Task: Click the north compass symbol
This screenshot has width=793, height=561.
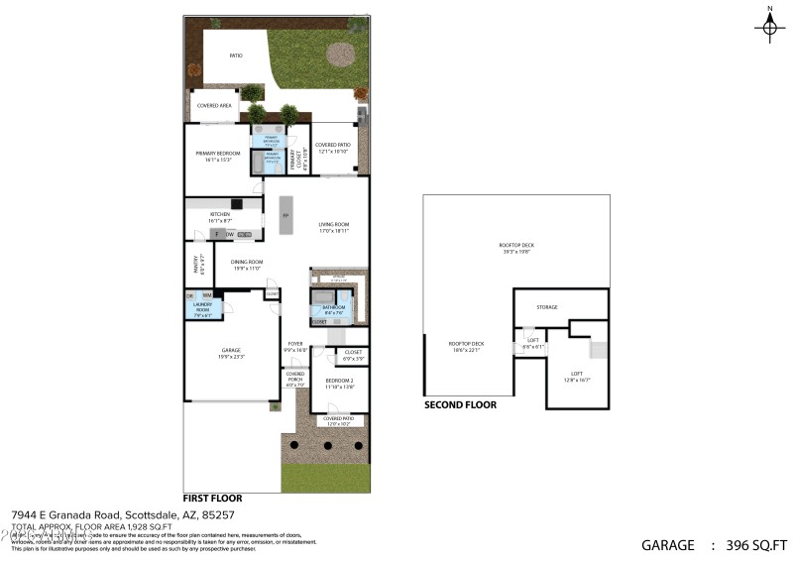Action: pos(769,27)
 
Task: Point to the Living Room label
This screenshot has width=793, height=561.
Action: pos(333,226)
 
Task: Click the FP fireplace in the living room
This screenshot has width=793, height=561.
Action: pos(285,216)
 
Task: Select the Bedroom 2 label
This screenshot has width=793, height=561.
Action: pos(340,383)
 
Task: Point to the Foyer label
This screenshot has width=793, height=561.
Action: pos(294,347)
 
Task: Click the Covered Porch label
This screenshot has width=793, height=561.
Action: pos(294,378)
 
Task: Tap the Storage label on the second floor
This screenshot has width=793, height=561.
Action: pos(547,307)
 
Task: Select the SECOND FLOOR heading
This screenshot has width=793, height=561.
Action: pos(460,404)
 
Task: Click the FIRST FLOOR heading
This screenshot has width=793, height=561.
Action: pos(212,498)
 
